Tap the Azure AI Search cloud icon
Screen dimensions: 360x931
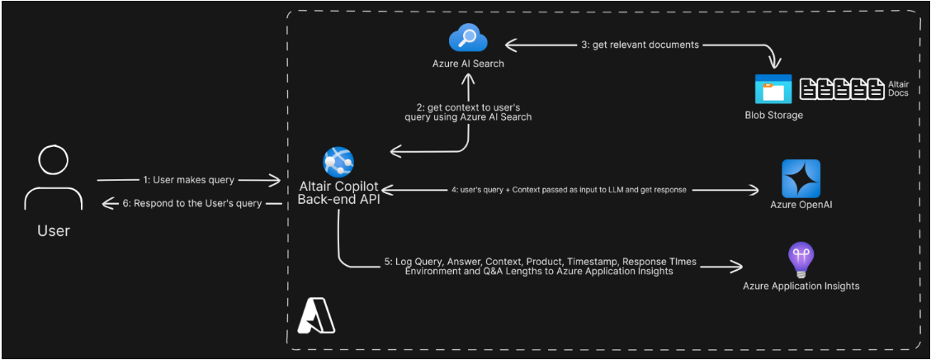click(x=468, y=39)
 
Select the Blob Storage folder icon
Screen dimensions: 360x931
click(x=773, y=89)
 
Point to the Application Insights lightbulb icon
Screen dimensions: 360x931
click(x=801, y=262)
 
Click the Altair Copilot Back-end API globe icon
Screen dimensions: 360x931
click(x=338, y=161)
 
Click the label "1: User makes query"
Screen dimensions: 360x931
click(x=188, y=180)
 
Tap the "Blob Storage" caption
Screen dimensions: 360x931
click(x=773, y=115)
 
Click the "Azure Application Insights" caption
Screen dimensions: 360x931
click(x=801, y=286)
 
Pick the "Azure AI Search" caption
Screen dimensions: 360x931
click(x=468, y=64)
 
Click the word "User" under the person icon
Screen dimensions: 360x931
click(x=54, y=230)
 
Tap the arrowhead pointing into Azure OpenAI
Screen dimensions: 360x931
click(x=754, y=190)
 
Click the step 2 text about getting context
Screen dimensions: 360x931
click(x=473, y=111)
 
